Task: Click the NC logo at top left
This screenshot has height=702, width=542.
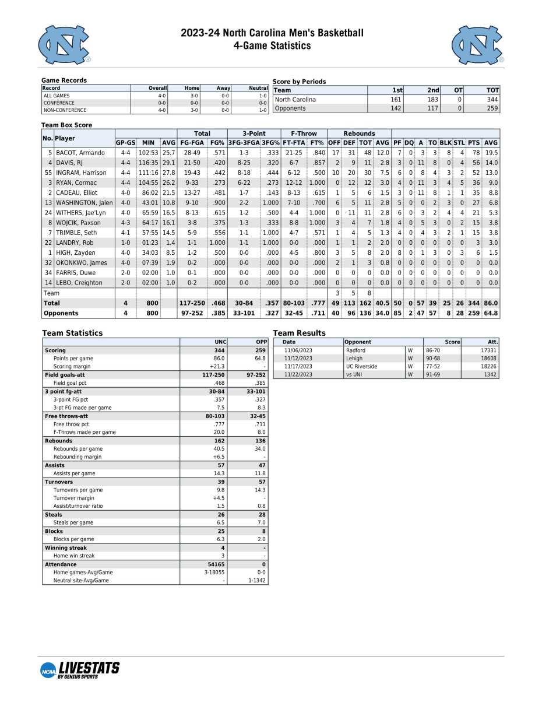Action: [65, 45]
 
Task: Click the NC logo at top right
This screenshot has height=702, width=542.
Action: [477, 45]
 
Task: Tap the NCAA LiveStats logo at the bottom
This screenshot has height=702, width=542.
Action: [80, 670]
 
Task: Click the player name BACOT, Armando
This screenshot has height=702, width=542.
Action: [80, 153]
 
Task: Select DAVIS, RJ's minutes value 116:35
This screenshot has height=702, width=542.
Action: [148, 163]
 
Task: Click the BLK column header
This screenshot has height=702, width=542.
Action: [445, 143]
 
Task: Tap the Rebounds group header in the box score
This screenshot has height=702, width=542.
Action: [359, 134]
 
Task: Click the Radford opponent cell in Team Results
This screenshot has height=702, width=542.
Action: [356, 350]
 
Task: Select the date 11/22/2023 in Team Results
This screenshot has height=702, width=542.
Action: [298, 374]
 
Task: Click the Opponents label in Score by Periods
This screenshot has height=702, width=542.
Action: [290, 108]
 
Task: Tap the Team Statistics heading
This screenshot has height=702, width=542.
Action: [72, 333]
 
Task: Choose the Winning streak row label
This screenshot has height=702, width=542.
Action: [65, 548]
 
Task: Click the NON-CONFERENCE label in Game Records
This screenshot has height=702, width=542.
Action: [65, 110]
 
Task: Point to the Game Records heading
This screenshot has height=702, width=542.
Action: [64, 80]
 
